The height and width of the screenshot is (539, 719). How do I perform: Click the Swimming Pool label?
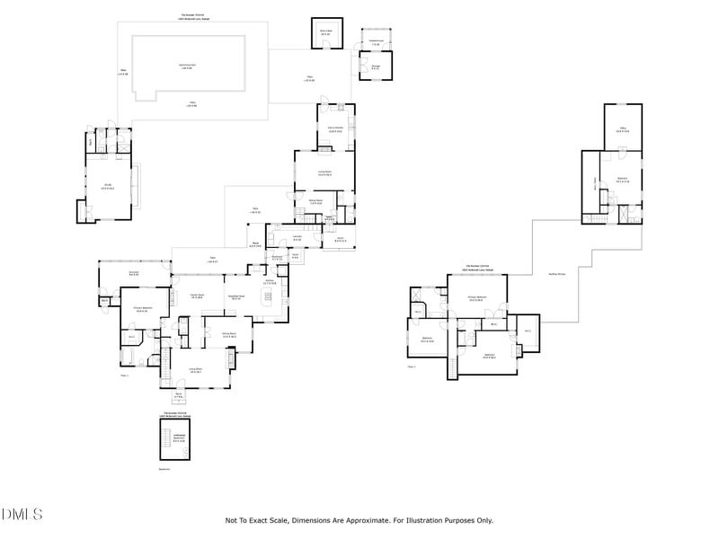(x=188, y=66)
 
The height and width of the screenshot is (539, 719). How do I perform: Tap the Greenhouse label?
(x=376, y=42)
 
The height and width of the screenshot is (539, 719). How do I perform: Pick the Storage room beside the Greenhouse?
(x=375, y=65)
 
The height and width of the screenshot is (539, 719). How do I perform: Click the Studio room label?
(x=107, y=187)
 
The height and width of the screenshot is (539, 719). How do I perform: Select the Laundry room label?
(x=297, y=238)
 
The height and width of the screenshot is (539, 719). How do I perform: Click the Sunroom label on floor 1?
(x=133, y=272)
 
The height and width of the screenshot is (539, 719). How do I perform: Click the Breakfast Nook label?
(x=236, y=297)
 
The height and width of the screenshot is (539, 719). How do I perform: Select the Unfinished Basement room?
(x=179, y=437)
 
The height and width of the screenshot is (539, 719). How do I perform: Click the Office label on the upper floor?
(x=622, y=129)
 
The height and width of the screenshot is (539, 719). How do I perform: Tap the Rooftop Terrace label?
(x=556, y=274)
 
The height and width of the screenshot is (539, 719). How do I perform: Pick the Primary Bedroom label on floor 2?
(x=476, y=298)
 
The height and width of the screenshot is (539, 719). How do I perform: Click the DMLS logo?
(x=22, y=514)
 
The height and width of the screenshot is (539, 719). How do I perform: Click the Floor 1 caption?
(x=125, y=376)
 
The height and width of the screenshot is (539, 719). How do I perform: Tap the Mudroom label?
(x=278, y=259)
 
